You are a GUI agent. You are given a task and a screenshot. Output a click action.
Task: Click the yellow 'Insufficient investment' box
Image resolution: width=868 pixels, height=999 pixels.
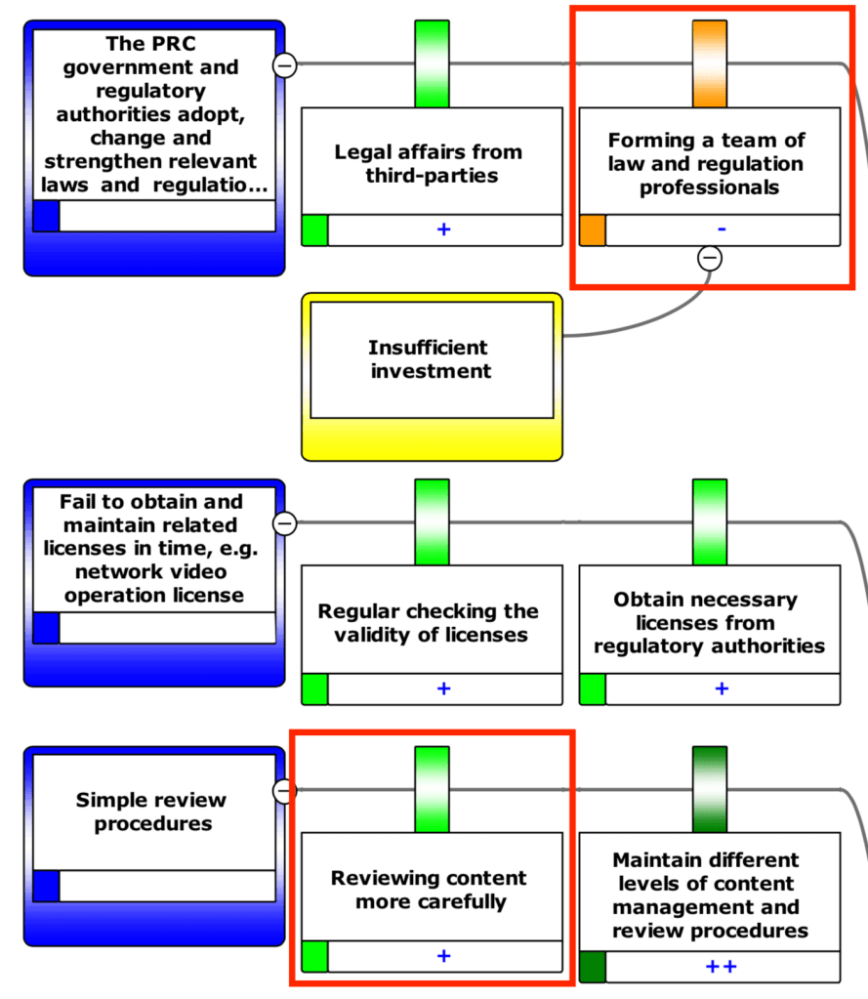(432, 359)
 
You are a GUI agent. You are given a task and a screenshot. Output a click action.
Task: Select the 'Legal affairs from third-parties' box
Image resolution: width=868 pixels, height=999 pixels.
(431, 164)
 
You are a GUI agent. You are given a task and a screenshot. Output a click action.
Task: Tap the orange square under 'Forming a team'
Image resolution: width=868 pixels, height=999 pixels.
(593, 230)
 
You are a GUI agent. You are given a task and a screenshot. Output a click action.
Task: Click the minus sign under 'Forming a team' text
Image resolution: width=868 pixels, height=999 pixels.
(722, 229)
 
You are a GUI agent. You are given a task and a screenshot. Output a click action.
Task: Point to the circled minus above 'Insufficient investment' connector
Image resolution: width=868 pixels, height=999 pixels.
(710, 259)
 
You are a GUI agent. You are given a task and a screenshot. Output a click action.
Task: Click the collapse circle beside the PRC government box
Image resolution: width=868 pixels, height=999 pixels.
(284, 65)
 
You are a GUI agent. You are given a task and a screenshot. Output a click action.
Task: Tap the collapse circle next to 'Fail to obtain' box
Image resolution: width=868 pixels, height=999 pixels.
(284, 523)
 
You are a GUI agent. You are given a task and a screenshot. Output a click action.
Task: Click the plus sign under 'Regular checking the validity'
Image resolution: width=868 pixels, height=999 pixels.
(443, 688)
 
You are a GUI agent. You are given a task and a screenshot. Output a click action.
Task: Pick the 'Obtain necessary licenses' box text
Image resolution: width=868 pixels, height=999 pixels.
(709, 623)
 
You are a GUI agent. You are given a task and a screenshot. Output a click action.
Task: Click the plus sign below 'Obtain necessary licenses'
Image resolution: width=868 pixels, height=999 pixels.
(722, 688)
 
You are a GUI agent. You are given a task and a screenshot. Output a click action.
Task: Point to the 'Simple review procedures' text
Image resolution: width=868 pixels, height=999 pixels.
(151, 812)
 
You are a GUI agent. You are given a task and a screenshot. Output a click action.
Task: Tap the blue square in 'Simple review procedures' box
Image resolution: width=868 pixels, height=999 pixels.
(46, 886)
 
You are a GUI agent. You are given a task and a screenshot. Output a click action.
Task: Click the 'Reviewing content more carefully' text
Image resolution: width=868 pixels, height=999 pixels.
(431, 890)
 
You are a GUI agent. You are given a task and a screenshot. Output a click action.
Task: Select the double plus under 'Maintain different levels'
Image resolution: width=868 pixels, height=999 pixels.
(722, 967)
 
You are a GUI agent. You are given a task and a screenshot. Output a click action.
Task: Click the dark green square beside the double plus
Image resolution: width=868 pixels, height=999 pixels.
(593, 967)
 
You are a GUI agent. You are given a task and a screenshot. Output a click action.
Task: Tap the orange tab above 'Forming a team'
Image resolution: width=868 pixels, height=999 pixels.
(710, 63)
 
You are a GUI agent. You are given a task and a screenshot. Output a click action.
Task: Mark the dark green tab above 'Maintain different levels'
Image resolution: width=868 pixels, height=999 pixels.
(710, 789)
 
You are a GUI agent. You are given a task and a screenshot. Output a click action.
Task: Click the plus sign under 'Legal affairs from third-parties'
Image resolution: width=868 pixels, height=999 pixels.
(443, 229)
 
